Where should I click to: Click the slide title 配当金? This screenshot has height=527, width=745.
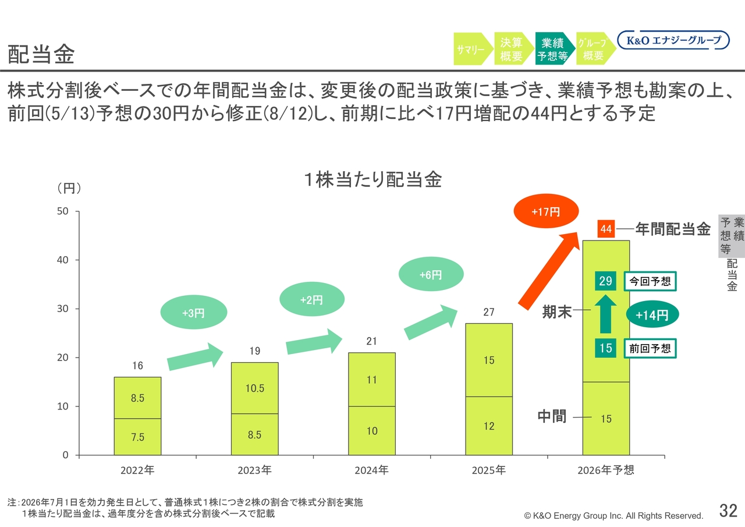pyautogui.click(x=41, y=54)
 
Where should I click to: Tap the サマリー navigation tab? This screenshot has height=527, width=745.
pyautogui.click(x=472, y=49)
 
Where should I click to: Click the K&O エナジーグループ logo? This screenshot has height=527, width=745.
pyautogui.click(x=673, y=40)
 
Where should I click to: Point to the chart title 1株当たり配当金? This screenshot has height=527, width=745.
pyautogui.click(x=373, y=180)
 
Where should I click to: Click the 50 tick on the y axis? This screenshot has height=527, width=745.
pyautogui.click(x=62, y=211)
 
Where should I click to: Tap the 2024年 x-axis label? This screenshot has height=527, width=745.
pyautogui.click(x=371, y=470)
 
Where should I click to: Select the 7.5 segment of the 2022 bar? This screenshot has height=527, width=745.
pyautogui.click(x=138, y=437)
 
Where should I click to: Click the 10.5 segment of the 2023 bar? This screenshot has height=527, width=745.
pyautogui.click(x=255, y=388)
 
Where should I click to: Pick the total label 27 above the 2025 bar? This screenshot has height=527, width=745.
pyautogui.click(x=488, y=312)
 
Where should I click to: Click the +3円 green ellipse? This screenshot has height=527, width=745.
pyautogui.click(x=194, y=312)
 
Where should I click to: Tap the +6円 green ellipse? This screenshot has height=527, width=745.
pyautogui.click(x=431, y=274)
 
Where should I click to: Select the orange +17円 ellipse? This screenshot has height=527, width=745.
pyautogui.click(x=546, y=211)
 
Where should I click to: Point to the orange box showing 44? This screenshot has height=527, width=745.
pyautogui.click(x=606, y=229)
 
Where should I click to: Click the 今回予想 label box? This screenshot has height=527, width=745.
pyautogui.click(x=650, y=281)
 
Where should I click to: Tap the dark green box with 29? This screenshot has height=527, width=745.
pyautogui.click(x=605, y=281)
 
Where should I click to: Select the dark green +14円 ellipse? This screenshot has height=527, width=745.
pyautogui.click(x=652, y=314)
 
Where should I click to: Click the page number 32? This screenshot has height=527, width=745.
pyautogui.click(x=728, y=510)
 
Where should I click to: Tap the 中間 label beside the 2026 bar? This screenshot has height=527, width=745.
pyautogui.click(x=552, y=416)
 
